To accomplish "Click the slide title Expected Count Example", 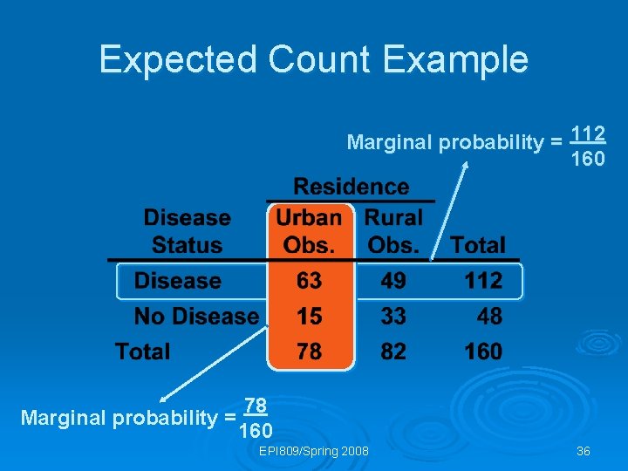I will (x=313, y=59).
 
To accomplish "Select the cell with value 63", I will (x=309, y=281).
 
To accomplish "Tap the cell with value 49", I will (x=393, y=281).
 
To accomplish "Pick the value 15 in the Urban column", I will (x=309, y=316).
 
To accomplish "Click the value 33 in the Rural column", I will (x=393, y=316).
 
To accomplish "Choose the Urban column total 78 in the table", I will (x=309, y=352).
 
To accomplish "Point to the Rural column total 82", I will (x=393, y=352).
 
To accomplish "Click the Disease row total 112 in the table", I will (x=483, y=281).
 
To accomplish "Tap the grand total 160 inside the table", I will (x=483, y=352).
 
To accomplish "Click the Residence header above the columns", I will (x=351, y=187).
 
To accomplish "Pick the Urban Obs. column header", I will (x=309, y=231).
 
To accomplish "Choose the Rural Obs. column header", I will (x=393, y=231).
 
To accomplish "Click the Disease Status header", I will (x=187, y=231).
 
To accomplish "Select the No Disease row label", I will (x=196, y=316).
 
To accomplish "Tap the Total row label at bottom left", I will (x=142, y=352).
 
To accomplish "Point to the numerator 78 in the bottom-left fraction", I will (x=255, y=405).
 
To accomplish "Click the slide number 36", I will (x=584, y=451).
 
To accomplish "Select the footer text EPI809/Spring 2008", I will (x=314, y=451).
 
